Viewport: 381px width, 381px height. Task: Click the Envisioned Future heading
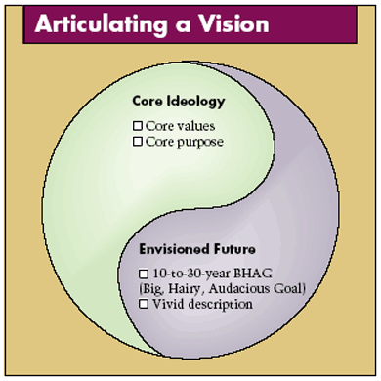coord(194,249)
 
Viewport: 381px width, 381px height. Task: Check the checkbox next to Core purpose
coord(138,143)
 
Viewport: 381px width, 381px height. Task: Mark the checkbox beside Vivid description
coord(145,304)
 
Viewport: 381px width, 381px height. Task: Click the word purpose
coord(201,143)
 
